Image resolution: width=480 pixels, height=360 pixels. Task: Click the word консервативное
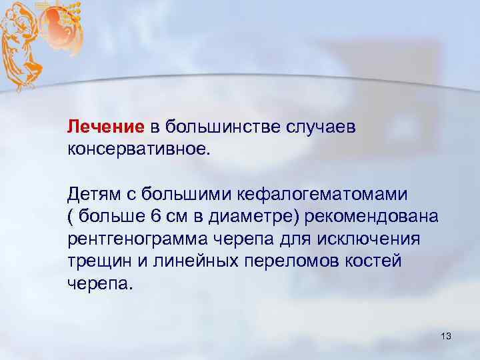click(138, 147)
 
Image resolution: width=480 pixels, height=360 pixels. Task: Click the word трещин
click(94, 261)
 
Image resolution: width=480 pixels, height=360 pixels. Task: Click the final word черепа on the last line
click(100, 283)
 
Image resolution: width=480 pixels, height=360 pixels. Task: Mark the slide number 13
click(445, 337)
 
